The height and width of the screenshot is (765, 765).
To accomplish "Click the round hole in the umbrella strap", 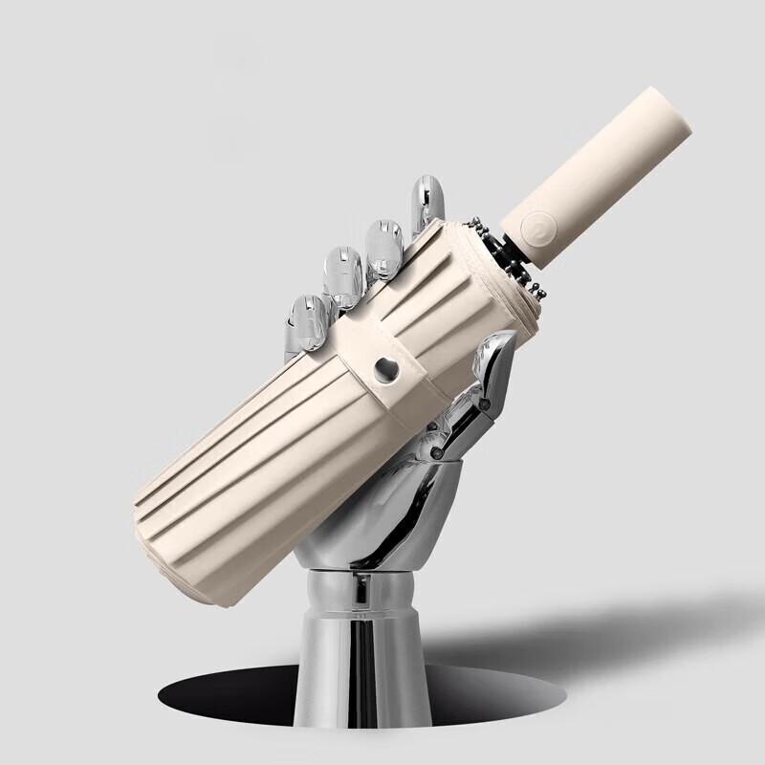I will [x=386, y=369].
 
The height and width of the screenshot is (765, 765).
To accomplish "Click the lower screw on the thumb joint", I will [x=436, y=445].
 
